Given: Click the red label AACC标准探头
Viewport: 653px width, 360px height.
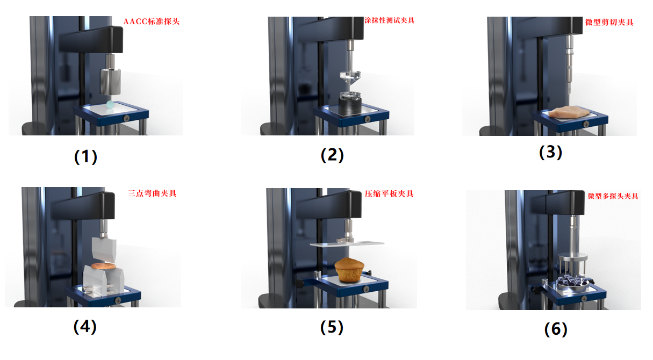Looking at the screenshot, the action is [152, 21].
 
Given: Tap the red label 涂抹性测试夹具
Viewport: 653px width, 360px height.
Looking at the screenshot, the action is [389, 20].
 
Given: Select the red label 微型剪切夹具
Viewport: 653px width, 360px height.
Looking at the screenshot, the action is [609, 22].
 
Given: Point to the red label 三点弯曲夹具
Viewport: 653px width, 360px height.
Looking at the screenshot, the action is [152, 193].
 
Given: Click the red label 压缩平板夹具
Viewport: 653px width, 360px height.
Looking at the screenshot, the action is [389, 194].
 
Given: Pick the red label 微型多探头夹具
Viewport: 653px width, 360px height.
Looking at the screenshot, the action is [613, 196].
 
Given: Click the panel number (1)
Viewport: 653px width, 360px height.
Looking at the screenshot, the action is [85, 157].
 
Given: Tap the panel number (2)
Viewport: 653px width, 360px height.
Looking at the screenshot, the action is [332, 155].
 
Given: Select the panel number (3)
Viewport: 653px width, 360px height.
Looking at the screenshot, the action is [550, 152].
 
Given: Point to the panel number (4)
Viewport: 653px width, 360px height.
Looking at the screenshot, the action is [85, 327].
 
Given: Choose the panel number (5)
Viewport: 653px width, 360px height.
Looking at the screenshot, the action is [332, 327].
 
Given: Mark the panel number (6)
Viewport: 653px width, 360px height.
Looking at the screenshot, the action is [556, 329].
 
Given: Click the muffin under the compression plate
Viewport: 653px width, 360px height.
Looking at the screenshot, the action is [349, 270].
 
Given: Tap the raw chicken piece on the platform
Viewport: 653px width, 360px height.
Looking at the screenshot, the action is [569, 112].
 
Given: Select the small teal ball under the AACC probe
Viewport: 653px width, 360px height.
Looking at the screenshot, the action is [110, 104].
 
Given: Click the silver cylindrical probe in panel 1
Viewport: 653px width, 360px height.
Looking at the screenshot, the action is [111, 82].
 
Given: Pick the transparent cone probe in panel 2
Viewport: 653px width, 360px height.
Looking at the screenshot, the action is [350, 78].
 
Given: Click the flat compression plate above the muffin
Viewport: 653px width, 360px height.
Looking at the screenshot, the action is [347, 243].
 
